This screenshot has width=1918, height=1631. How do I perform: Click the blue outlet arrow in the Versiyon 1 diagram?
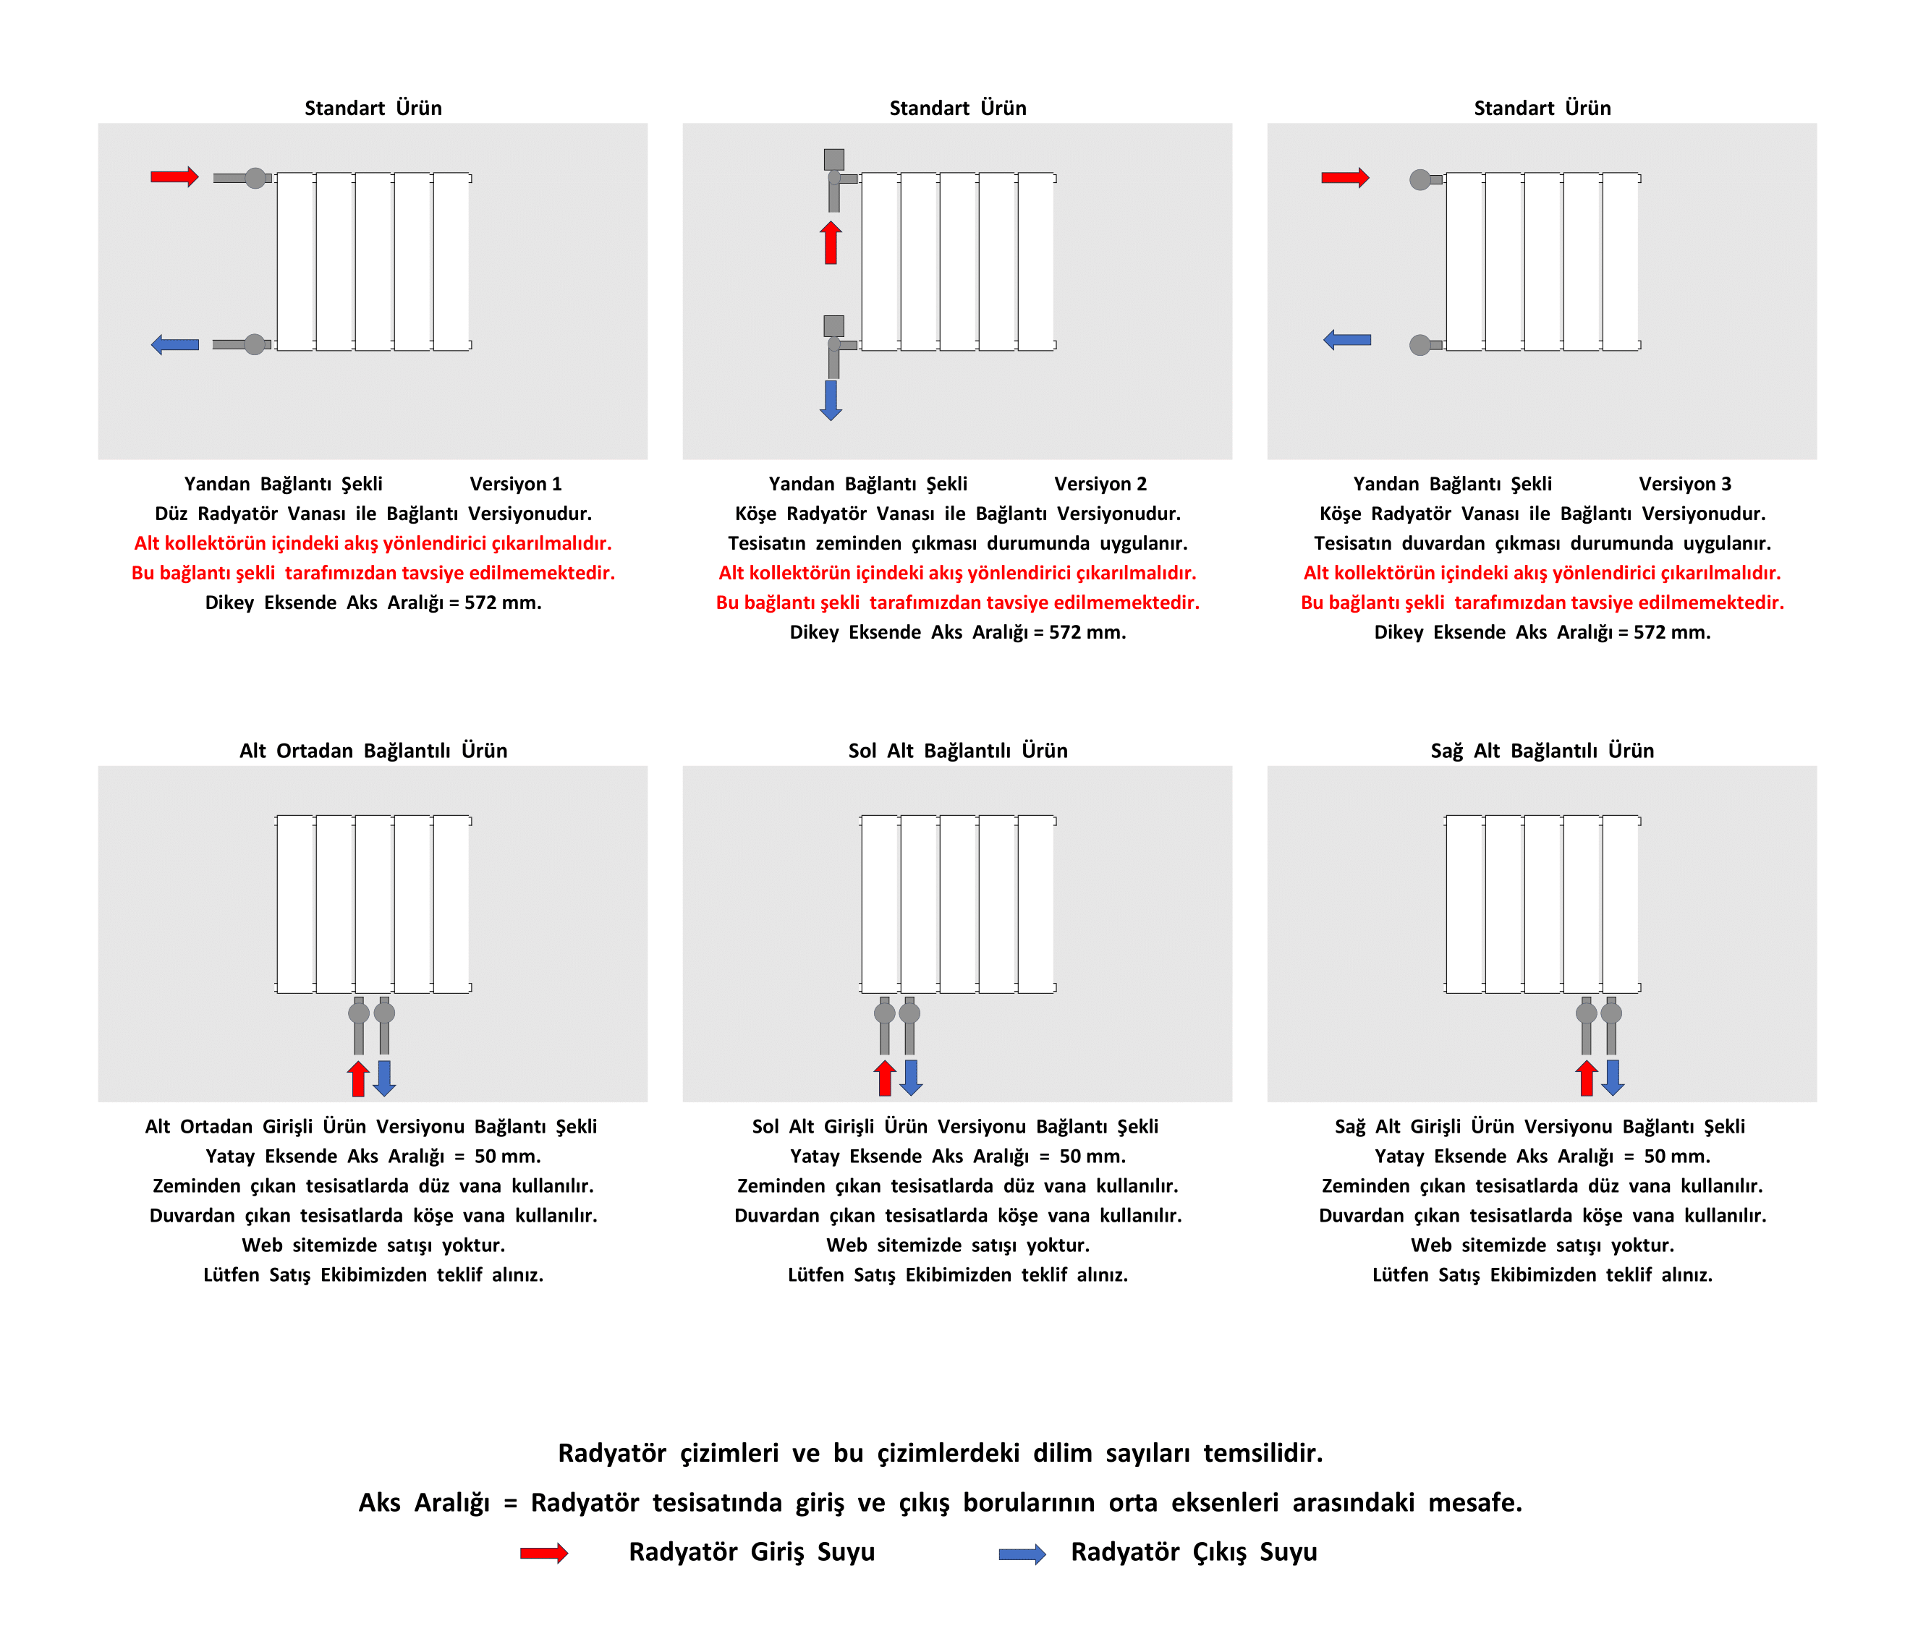tap(175, 345)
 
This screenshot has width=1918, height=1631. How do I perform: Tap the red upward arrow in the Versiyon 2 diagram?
tap(831, 242)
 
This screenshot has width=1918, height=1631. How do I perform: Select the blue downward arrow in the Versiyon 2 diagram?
tap(831, 399)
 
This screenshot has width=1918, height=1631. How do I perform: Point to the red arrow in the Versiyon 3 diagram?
tap(1345, 177)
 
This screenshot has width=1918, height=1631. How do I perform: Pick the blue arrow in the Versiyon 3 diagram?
tap(1346, 339)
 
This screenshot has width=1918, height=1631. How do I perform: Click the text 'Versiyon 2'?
tap(1100, 484)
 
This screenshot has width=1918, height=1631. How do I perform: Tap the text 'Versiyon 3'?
tap(1684, 484)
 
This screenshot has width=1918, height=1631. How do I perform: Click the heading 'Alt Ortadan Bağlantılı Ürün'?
tap(373, 750)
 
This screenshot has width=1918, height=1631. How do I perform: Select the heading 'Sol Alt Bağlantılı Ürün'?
tap(957, 750)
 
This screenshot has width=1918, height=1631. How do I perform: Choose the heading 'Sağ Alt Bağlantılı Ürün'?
tap(1542, 750)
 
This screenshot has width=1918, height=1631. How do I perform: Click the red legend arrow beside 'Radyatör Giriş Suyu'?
tap(544, 1552)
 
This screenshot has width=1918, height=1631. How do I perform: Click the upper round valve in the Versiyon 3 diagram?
tap(1420, 179)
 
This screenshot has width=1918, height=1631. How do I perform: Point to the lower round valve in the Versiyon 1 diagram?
tap(255, 345)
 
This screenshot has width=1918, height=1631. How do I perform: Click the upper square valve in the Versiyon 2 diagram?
tap(833, 159)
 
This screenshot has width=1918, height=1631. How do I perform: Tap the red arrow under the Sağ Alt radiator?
tap(1586, 1078)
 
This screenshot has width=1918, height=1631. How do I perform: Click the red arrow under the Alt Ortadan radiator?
tap(358, 1079)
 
